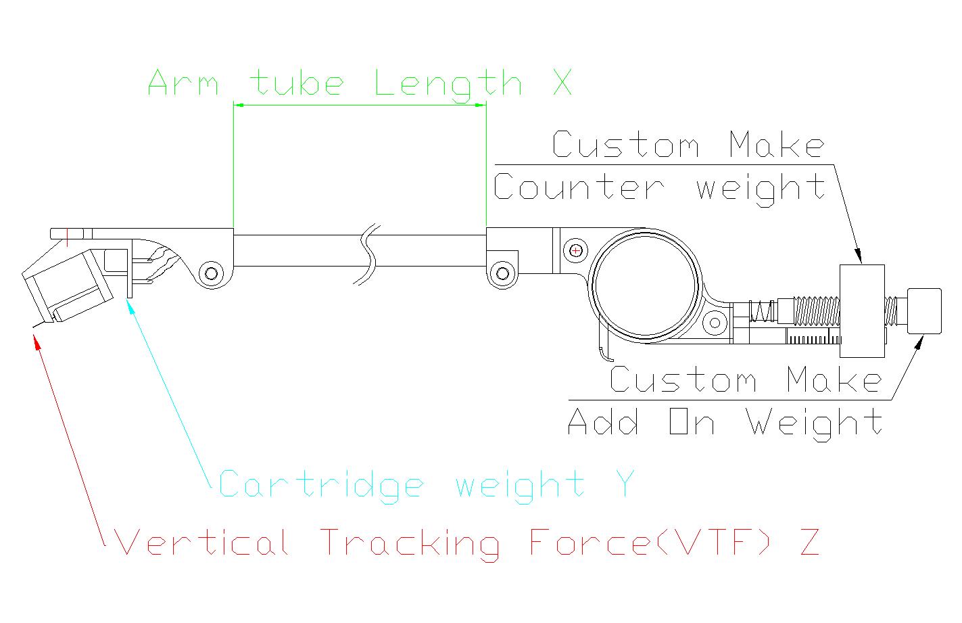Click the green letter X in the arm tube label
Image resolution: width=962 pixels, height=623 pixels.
coord(562,82)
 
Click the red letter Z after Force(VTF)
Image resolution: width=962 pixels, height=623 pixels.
coord(810,542)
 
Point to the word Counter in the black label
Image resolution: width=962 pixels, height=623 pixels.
coord(579,186)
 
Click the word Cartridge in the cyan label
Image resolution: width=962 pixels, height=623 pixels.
coord(321,486)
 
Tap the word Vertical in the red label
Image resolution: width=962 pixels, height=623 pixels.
coord(202,542)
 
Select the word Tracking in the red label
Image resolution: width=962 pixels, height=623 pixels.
coord(410,545)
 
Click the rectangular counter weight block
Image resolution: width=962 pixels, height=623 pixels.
coord(862,311)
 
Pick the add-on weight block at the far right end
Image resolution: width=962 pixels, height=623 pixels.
coord(924,311)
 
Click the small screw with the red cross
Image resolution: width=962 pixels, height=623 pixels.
coord(575,250)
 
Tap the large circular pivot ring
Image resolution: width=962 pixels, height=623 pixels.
coord(593,285)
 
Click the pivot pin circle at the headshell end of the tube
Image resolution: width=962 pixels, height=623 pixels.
coord(212,273)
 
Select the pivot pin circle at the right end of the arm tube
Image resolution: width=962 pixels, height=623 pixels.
coord(502,273)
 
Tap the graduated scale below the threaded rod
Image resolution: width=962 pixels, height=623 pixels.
coord(813,337)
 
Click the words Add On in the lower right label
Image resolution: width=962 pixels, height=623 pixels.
coord(641,421)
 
